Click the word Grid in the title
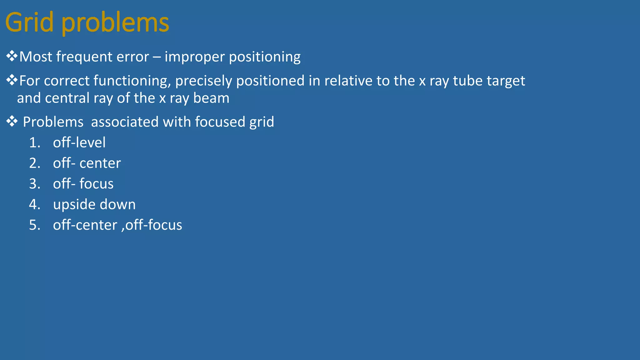tap(29, 22)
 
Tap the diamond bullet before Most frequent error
tap(12, 56)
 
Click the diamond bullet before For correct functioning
tap(12, 80)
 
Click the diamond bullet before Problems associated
tap(12, 121)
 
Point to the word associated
tap(125, 122)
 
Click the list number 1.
tap(35, 143)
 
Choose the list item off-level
tap(79, 142)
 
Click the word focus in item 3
tap(96, 184)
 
